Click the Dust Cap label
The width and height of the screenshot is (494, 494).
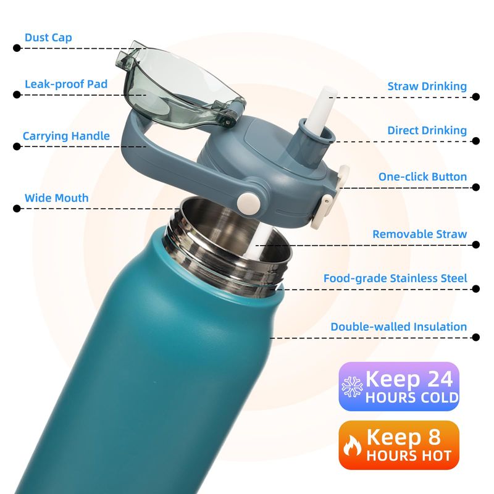coord(48,38)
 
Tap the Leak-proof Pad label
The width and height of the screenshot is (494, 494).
coord(66,84)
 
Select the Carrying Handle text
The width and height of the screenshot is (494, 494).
coord(66,136)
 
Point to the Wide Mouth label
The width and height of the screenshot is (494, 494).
coord(56,198)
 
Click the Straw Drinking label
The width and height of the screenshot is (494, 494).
coord(427,86)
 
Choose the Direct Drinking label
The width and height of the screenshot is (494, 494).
coord(427,130)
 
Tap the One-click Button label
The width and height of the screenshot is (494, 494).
coord(422,177)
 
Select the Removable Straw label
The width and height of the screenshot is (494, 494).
coord(420,234)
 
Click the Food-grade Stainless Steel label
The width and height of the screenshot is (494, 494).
coord(395,278)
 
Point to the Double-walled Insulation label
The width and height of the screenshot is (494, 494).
coord(398,327)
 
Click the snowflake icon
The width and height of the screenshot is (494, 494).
coord(352,387)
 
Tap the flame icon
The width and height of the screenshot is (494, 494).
coord(352,445)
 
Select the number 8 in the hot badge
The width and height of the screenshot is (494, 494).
coord(434,437)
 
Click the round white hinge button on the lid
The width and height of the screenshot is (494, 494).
coord(249,202)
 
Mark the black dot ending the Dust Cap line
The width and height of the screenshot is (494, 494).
coord(17,48)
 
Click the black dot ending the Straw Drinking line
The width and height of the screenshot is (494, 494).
coord(475,97)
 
